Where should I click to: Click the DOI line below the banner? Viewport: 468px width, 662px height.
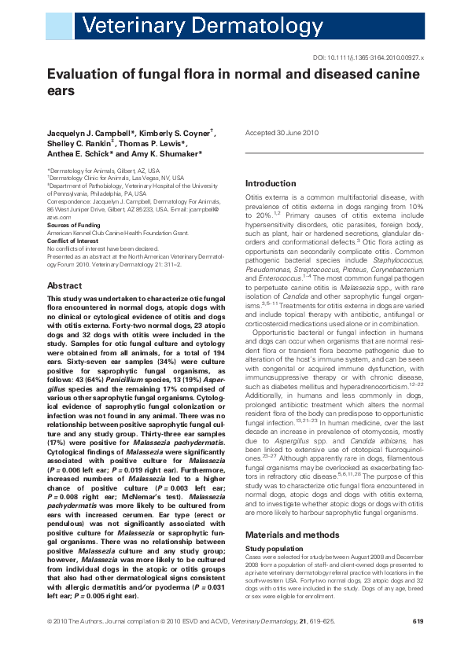[369, 58]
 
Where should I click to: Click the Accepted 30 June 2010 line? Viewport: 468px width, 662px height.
[282, 134]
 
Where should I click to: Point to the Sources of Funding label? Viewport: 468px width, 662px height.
[72, 225]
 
